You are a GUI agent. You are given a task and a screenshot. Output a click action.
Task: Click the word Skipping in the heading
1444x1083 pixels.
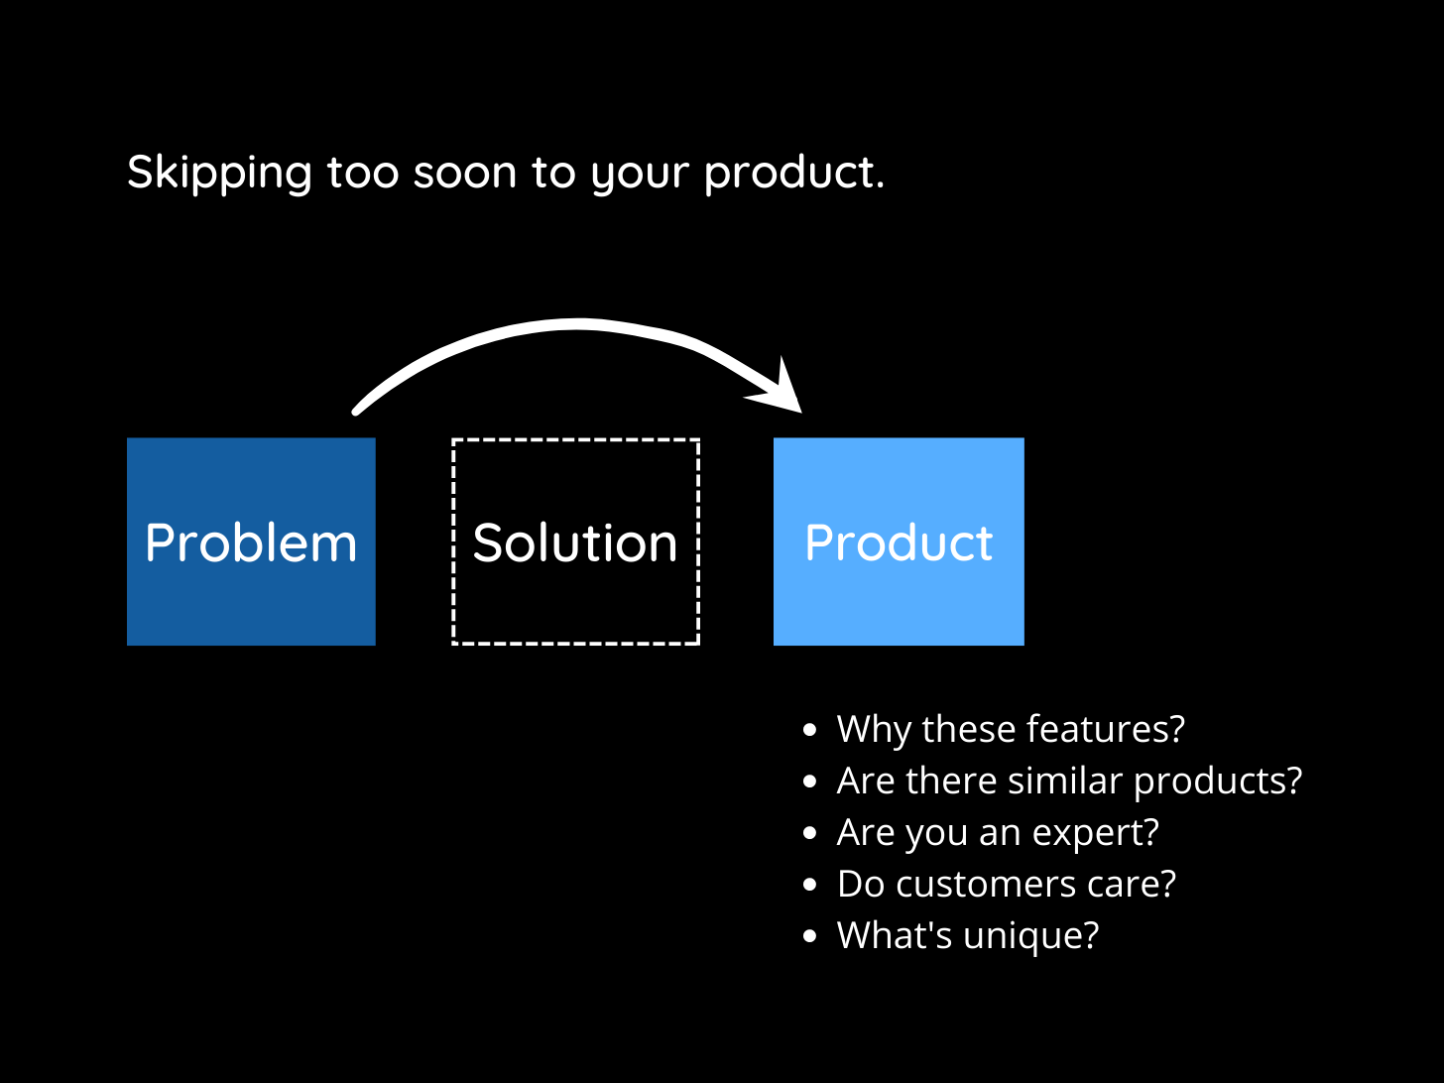[219, 174]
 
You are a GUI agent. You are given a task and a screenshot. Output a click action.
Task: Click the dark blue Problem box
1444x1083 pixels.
[251, 541]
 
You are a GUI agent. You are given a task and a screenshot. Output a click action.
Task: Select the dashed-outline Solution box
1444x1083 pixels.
[575, 541]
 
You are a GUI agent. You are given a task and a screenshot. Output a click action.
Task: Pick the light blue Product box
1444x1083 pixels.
[899, 541]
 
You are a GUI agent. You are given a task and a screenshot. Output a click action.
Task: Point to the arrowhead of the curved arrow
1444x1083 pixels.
[783, 392]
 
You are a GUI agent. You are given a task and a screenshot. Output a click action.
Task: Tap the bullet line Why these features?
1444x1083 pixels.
[1010, 729]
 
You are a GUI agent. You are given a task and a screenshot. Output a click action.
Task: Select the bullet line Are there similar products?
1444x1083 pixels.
[1068, 781]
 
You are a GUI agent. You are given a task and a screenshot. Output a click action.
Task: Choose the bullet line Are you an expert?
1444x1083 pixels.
[997, 832]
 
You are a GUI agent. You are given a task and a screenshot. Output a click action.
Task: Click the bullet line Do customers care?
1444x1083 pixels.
[1006, 884]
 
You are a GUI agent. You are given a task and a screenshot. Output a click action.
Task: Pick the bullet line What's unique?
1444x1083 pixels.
[967, 935]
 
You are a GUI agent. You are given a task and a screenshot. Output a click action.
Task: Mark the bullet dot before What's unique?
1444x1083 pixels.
[810, 935]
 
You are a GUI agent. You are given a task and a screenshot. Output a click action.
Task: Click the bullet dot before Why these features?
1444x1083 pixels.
[810, 730]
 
